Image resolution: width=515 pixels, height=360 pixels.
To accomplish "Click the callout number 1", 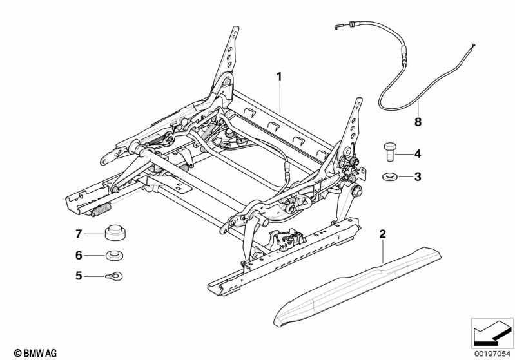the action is pos(279,77).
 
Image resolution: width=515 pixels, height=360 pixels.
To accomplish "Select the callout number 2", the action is pos(382,234).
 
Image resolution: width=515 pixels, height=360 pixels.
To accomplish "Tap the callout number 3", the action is pos(418,177).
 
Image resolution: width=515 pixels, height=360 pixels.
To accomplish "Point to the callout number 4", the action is pos(418,153).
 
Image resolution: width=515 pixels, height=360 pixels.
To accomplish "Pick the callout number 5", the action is pos(79,276).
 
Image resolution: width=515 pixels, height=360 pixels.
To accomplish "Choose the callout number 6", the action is pos(79,255).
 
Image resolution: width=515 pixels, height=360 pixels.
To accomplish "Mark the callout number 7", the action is pos(79,234).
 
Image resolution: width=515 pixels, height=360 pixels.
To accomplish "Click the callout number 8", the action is pos(418,122).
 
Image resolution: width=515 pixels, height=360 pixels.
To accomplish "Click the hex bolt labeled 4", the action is pos(389,151).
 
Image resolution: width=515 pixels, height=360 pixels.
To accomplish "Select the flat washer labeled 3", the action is pos(389,177).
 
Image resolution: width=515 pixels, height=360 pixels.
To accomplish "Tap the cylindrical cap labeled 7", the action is pos(115,233).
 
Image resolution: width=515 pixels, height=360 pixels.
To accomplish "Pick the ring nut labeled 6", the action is pos(115,255).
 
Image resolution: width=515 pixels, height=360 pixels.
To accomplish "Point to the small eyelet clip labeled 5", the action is pos(114,277).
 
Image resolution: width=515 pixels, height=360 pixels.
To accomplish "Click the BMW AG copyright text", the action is pos(35,353).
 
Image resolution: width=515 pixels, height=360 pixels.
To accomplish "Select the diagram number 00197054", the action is pos(492,354).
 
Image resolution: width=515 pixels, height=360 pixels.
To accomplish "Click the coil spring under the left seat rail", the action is pos(101,209).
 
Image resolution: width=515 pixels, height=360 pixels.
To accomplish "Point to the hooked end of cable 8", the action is pos(336,27).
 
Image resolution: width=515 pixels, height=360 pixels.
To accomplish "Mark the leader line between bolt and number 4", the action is pos(403,154).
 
